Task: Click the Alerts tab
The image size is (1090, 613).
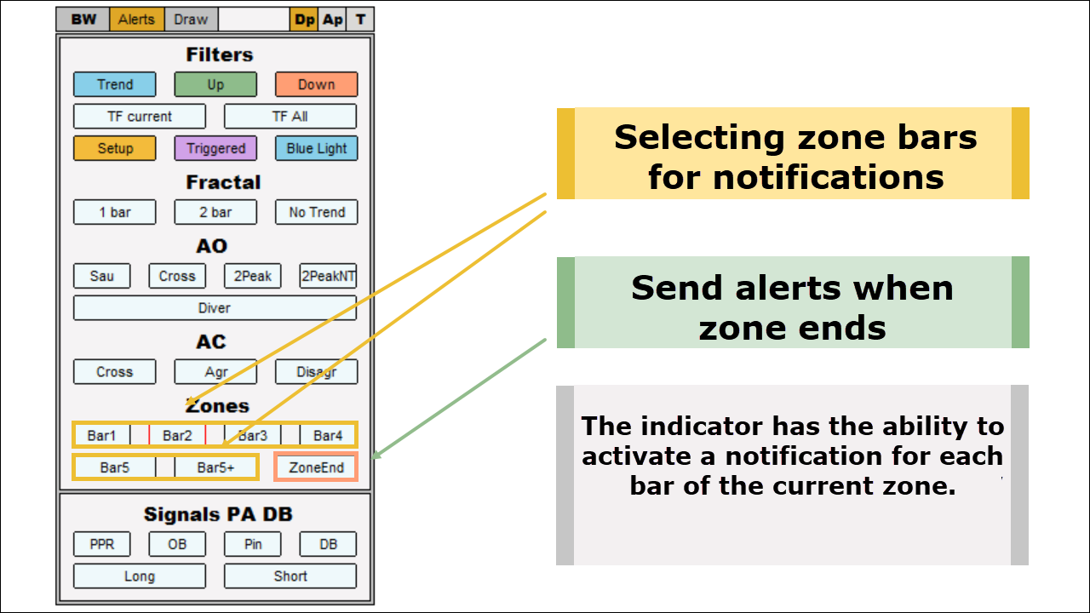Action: click(x=137, y=20)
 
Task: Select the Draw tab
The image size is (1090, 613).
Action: click(x=191, y=20)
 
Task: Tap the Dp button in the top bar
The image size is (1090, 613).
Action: click(x=304, y=20)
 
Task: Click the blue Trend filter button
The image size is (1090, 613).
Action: click(x=115, y=84)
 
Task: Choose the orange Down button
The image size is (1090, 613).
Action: click(x=316, y=84)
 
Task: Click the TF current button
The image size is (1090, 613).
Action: click(x=140, y=117)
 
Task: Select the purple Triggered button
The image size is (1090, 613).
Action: click(x=215, y=148)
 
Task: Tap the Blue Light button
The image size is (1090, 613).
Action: click(x=316, y=148)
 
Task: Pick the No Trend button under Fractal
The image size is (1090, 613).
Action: click(x=316, y=212)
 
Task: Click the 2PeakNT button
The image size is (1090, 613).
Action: click(x=328, y=276)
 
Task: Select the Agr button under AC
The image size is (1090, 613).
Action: click(x=215, y=372)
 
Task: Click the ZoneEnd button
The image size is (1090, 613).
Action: click(x=316, y=467)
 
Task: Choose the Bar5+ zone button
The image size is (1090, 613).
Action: click(x=215, y=467)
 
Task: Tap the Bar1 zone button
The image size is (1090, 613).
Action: click(x=101, y=435)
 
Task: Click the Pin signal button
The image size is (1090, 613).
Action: click(x=253, y=544)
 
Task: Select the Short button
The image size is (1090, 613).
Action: click(x=290, y=576)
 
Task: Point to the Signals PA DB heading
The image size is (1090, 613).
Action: click(x=218, y=514)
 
